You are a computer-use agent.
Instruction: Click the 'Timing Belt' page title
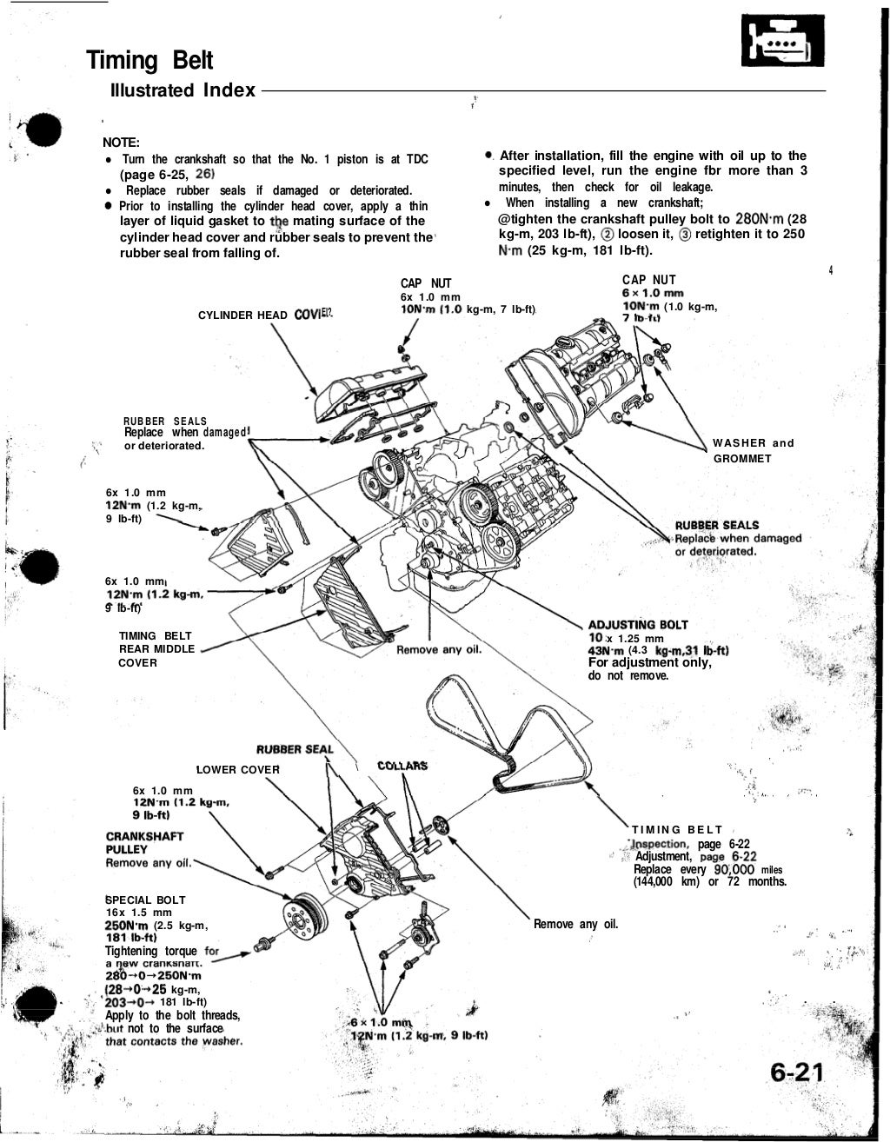[x=149, y=61]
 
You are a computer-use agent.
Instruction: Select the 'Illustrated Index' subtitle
[x=183, y=90]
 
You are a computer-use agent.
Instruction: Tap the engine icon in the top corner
[x=776, y=43]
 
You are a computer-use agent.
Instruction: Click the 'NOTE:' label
[x=122, y=143]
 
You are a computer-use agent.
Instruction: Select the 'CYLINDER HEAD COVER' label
[x=262, y=315]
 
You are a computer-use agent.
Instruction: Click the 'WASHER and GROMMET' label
[x=753, y=450]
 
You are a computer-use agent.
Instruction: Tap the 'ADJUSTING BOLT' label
[x=638, y=624]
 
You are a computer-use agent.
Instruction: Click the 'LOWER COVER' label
[x=238, y=769]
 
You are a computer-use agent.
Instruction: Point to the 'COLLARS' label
[x=402, y=766]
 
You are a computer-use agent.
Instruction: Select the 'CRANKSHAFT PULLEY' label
[x=143, y=842]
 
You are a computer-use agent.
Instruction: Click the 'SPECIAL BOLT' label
[x=145, y=900]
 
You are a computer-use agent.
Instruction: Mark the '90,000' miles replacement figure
[x=734, y=869]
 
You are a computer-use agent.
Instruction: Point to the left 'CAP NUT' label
[x=425, y=283]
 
